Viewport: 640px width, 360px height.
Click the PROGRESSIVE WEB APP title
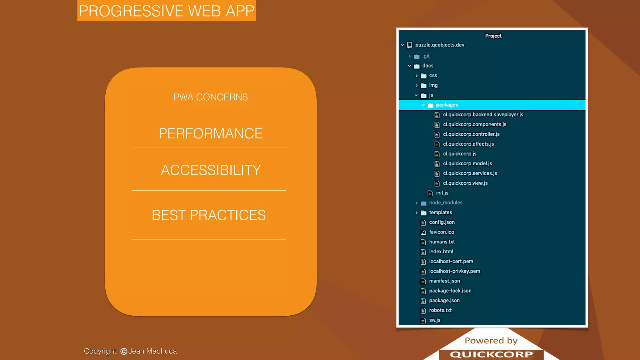tap(167, 11)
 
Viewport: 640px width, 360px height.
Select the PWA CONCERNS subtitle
tap(211, 97)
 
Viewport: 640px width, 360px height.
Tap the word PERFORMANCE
tap(211, 133)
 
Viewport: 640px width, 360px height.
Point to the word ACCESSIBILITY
tap(211, 170)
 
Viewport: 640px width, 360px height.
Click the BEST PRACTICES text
tap(209, 215)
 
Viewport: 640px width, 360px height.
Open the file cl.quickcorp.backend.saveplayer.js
tap(483, 115)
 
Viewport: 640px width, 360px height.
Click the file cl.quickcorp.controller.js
tap(471, 134)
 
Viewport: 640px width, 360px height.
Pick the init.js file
tap(442, 193)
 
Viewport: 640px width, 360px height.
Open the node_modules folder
tap(445, 203)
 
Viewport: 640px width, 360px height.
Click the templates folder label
tap(440, 212)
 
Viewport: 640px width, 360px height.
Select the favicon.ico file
tap(441, 232)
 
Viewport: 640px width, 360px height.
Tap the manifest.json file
tap(444, 281)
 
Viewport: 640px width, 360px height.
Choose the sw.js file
tap(434, 320)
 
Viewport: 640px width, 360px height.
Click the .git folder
tap(426, 56)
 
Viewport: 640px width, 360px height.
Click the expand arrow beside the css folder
tap(416, 76)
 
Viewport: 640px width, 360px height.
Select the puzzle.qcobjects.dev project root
tap(439, 45)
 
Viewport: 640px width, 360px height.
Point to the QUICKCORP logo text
tap(491, 354)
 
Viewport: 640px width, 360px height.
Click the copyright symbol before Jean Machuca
tap(124, 352)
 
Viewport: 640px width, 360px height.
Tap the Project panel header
tap(493, 36)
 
